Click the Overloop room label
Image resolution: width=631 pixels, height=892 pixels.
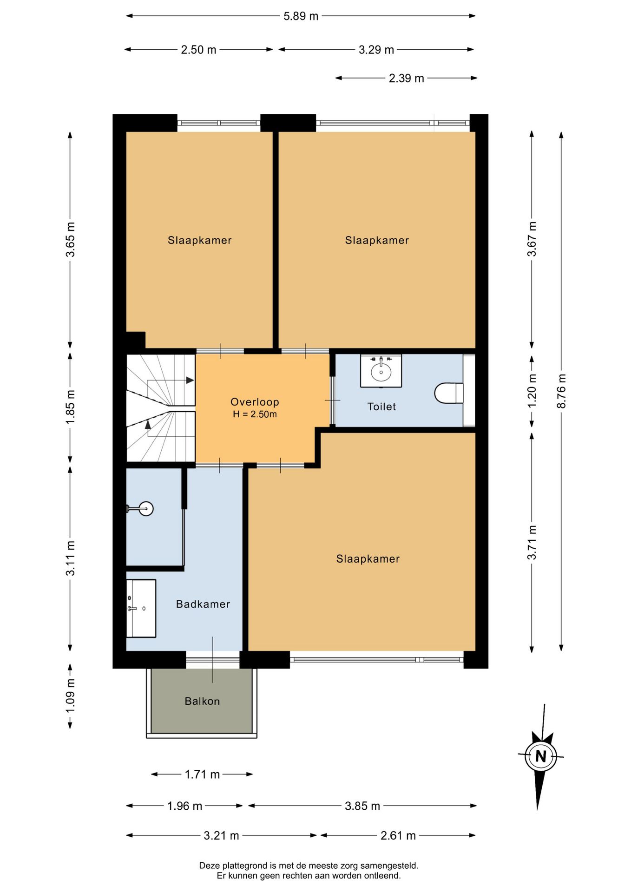(x=255, y=402)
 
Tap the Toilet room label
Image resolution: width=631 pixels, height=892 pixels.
(x=381, y=407)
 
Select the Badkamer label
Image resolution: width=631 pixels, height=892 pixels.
(x=203, y=604)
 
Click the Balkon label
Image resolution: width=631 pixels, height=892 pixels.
(x=202, y=701)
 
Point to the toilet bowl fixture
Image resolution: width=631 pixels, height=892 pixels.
(x=449, y=393)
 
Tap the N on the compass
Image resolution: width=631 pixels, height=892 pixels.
(x=540, y=756)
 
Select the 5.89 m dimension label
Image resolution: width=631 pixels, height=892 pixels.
(x=301, y=16)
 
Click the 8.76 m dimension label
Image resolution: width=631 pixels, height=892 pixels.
(x=561, y=391)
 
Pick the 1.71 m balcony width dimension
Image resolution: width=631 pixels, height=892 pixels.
(x=202, y=774)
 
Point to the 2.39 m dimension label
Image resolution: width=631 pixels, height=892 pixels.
(x=407, y=78)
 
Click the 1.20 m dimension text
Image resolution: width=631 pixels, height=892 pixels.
(x=532, y=391)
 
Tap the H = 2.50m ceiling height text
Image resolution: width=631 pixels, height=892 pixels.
(x=255, y=414)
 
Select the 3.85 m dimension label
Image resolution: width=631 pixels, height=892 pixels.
(x=362, y=806)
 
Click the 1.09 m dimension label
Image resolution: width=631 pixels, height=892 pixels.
(x=70, y=695)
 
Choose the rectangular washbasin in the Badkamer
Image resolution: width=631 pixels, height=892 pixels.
(x=141, y=608)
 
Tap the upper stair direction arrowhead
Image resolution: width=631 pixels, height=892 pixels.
(x=190, y=380)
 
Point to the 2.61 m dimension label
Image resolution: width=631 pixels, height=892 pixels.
(x=398, y=835)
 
